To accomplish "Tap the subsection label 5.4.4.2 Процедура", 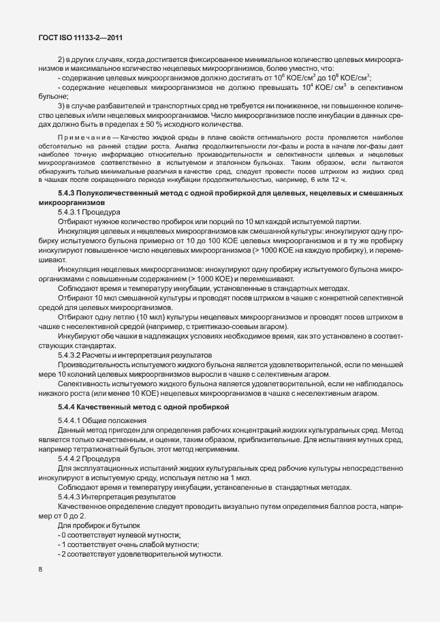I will click(x=88, y=458).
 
